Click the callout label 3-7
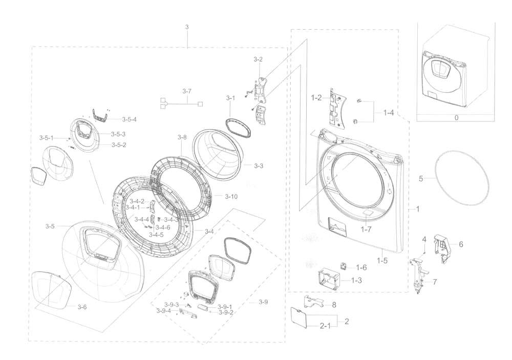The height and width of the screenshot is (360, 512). point(187,91)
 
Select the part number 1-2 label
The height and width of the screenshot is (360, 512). point(316,97)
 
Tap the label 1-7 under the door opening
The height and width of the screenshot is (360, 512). point(366,229)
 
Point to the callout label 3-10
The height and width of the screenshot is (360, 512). point(231,197)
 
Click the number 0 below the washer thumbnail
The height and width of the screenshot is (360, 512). point(457,117)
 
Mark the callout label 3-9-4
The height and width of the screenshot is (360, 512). point(163,311)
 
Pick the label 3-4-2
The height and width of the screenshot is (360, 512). point(137,201)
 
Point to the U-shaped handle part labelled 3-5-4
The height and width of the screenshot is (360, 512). point(101,115)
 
